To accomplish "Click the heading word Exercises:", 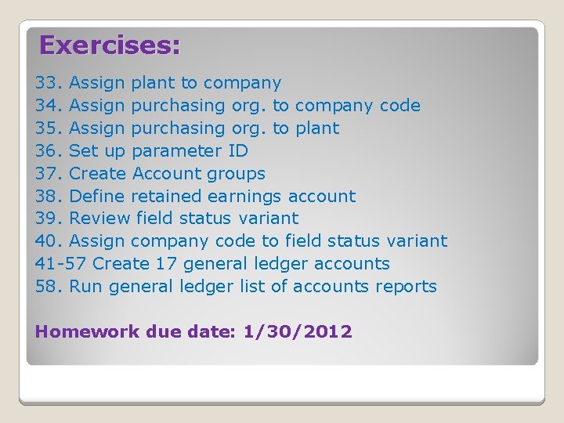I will [110, 45].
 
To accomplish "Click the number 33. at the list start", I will [49, 83].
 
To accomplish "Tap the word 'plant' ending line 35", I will [317, 128].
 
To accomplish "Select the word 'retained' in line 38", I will [167, 197].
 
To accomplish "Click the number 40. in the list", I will [49, 241].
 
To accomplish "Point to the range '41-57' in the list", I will [61, 264].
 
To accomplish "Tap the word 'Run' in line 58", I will [87, 287].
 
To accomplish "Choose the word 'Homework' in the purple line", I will [86, 332].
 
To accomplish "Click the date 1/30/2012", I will [298, 332].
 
